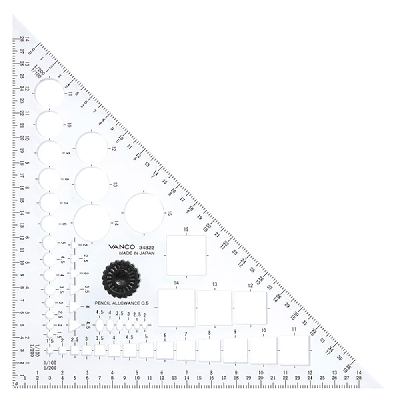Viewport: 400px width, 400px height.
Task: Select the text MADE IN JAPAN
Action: (136, 254)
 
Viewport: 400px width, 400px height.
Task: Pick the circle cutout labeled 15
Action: (144, 212)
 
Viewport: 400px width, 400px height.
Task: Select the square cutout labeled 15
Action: (186, 255)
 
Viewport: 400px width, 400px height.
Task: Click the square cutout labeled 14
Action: (176, 308)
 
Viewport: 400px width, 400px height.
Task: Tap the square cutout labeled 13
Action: (214, 308)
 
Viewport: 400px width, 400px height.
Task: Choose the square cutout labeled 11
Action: (294, 350)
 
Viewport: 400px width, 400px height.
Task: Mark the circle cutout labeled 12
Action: (92, 148)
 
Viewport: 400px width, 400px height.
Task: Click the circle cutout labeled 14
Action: (92, 223)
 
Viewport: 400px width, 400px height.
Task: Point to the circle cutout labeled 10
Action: (51, 124)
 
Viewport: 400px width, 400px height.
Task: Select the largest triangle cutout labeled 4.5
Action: (74, 325)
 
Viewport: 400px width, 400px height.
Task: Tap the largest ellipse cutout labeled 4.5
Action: (100, 326)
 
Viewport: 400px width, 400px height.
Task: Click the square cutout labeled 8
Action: (209, 350)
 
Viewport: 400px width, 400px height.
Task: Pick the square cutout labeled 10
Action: (263, 350)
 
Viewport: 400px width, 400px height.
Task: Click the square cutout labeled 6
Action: (165, 350)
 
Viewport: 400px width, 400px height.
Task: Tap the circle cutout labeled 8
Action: (50, 179)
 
